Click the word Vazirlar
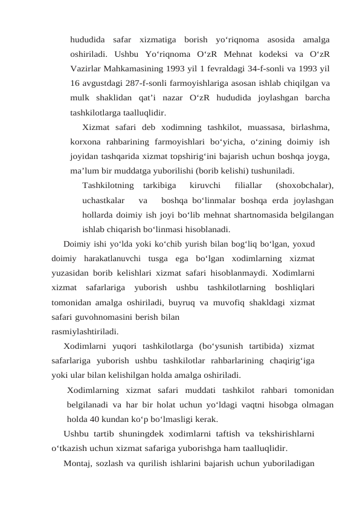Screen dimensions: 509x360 [x=86, y=68]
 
